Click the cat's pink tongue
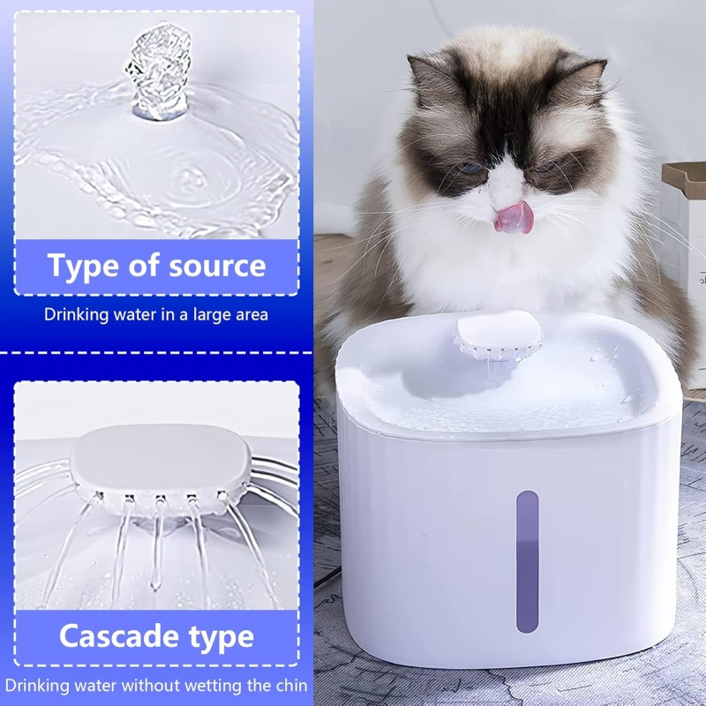pos(514,217)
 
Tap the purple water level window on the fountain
pos(527,561)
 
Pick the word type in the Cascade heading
pos(222,638)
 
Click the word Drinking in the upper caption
pos(77,315)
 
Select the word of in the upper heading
pos(144,266)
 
